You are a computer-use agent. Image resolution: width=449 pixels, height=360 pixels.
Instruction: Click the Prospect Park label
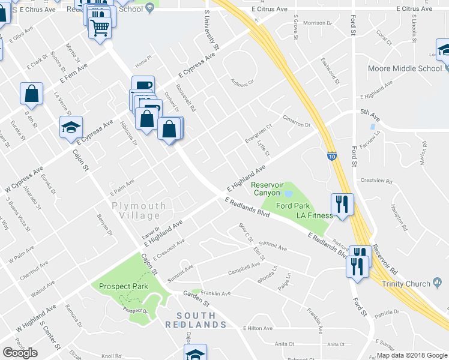(123, 287)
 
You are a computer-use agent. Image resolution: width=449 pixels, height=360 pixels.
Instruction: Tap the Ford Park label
(292, 206)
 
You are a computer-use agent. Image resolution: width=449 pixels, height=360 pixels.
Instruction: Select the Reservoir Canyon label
(266, 189)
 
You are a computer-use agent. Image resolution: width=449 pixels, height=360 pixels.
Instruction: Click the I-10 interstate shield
(332, 156)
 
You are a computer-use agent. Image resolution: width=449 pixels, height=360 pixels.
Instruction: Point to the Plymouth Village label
(139, 211)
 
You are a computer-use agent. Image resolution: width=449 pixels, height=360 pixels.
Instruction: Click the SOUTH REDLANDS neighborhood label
(201, 320)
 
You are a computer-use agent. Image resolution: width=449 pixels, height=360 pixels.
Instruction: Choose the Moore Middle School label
(405, 68)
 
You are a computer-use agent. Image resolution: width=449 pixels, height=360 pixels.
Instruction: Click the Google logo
(20, 353)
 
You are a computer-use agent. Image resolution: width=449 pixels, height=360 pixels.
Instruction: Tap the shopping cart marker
(100, 27)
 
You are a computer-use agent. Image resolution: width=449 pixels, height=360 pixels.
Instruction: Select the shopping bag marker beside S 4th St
(31, 94)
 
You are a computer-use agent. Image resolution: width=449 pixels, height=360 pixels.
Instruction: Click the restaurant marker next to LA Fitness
(342, 205)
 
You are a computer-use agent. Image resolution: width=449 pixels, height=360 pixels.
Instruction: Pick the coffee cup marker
(143, 85)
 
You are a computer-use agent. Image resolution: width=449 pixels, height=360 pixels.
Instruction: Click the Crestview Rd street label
(376, 181)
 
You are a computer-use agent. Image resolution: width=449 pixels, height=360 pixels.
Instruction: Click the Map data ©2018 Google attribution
(412, 355)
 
